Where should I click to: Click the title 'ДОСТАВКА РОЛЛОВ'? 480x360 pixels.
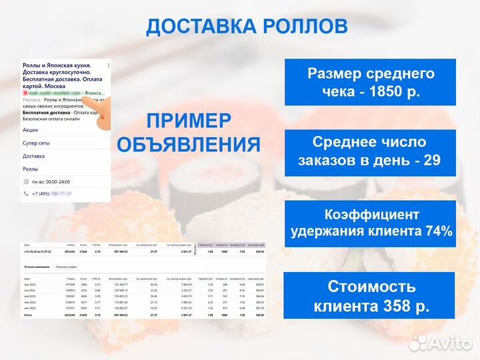click(247, 26)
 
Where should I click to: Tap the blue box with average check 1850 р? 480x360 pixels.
click(371, 82)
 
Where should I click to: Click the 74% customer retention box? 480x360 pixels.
click(371, 223)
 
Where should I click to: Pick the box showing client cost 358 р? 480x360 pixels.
click(371, 296)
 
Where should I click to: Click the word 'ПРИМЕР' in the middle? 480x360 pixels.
click(189, 121)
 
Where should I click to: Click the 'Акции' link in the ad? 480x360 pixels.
click(31, 130)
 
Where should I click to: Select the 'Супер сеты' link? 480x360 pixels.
click(37, 143)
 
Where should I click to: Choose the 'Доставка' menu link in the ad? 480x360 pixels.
click(34, 156)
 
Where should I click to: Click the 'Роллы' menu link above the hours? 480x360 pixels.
click(31, 169)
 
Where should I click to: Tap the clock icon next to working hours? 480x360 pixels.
click(26, 182)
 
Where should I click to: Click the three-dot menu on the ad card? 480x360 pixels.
click(109, 65)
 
